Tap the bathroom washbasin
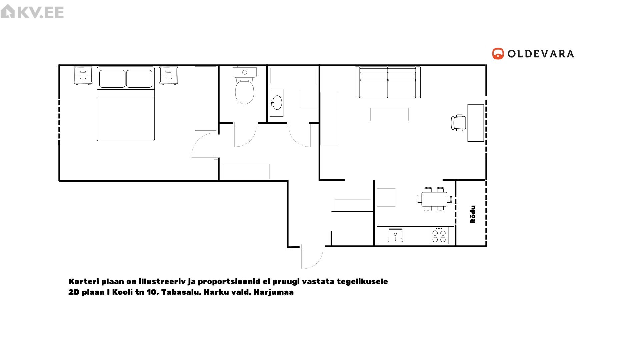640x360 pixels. click(276, 102)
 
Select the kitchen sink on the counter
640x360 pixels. click(395, 235)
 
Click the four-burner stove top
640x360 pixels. click(439, 235)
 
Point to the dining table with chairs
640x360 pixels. click(434, 199)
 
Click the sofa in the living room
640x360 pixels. click(388, 82)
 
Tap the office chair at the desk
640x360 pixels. click(459, 123)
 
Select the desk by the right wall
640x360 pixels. click(476, 123)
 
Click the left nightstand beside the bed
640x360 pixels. click(83, 75)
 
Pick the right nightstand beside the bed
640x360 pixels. click(169, 75)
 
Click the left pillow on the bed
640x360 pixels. click(112, 79)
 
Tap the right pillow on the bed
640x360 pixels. click(139, 79)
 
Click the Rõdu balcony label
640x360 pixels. click(473, 214)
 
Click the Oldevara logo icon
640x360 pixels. click(498, 54)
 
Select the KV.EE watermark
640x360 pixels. click(32, 12)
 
